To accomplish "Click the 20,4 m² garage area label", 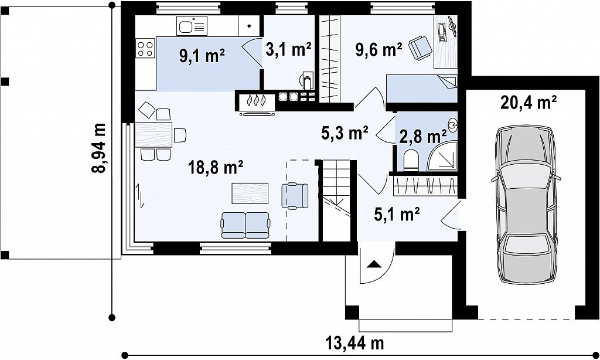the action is click(x=528, y=103).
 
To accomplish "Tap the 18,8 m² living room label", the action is click(x=216, y=167).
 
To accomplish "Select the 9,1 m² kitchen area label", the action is click(x=202, y=56).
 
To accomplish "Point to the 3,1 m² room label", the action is click(x=288, y=49).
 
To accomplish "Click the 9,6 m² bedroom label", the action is click(x=379, y=49).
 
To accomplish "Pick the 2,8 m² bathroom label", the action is click(x=423, y=136).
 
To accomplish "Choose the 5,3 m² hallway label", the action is click(x=345, y=133).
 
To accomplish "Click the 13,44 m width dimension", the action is click(x=354, y=342).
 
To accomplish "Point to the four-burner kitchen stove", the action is click(x=145, y=49).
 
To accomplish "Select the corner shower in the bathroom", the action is click(x=442, y=155).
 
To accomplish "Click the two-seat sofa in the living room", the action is click(x=246, y=225).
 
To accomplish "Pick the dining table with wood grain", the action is click(x=154, y=134).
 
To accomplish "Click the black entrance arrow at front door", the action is click(x=374, y=264).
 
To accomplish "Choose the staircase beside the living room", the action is click(x=335, y=201).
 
